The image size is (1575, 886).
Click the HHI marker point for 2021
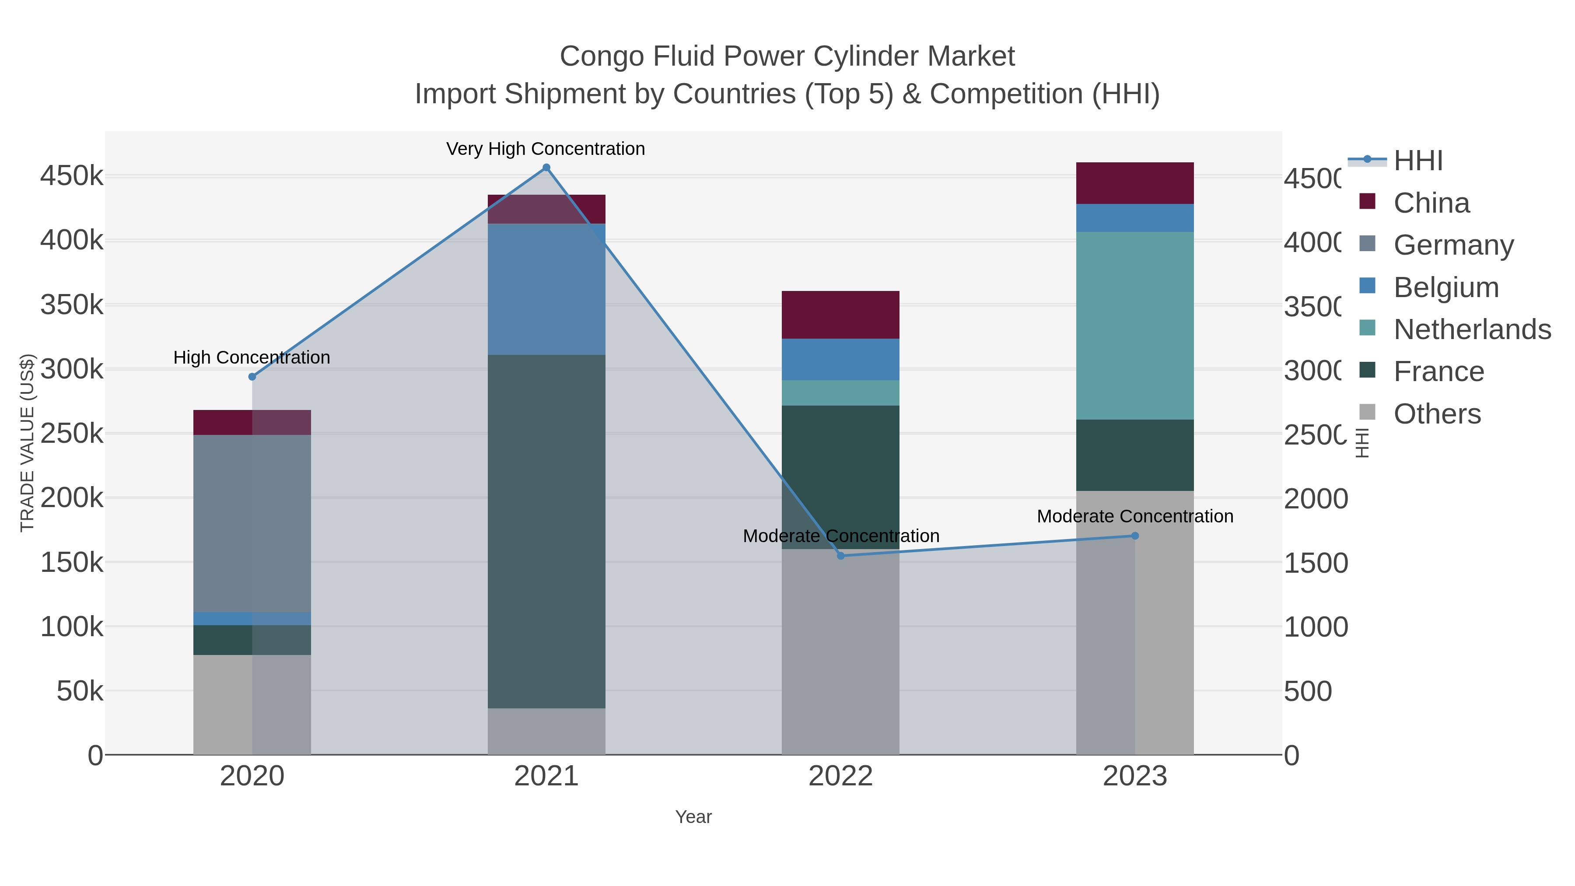click(546, 168)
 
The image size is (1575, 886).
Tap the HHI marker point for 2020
click(252, 377)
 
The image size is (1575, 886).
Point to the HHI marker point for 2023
click(1135, 536)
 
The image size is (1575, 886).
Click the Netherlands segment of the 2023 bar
click(1135, 325)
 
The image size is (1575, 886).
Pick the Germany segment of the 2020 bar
click(252, 523)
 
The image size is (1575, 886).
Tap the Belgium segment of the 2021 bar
click(546, 289)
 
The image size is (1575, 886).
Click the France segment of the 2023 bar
click(1135, 455)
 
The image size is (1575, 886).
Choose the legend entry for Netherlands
click(1472, 329)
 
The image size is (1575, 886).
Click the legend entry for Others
click(1437, 414)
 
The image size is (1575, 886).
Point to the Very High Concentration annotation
click(546, 149)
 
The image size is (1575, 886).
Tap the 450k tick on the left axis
click(72, 176)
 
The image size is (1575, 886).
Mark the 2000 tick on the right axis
click(1315, 499)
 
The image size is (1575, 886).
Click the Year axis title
click(693, 817)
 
